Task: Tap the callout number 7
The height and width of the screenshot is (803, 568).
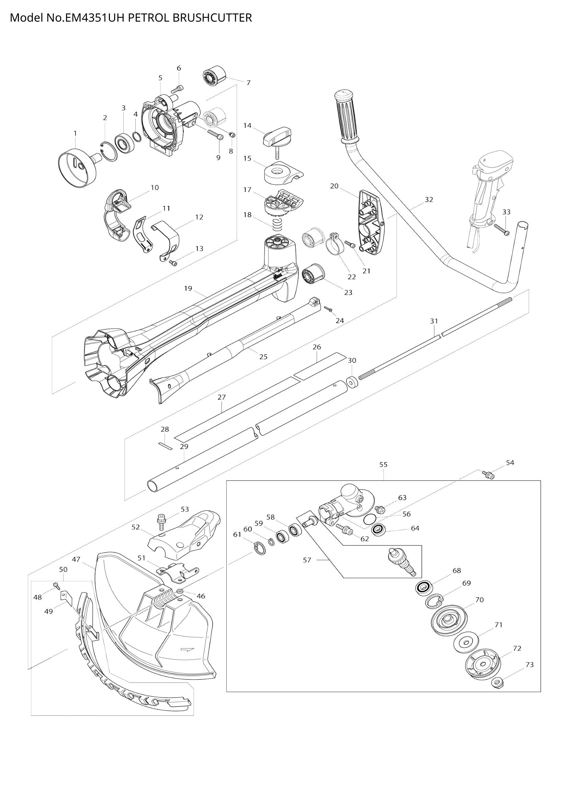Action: pos(248,83)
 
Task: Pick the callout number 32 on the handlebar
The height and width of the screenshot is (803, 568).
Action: pos(429,200)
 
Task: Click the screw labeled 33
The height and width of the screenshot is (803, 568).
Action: pos(501,229)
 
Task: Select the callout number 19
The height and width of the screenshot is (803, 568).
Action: pos(188,288)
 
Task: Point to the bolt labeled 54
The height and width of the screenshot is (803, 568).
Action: pos(488,474)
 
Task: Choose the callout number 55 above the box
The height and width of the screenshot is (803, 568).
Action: pos(383,464)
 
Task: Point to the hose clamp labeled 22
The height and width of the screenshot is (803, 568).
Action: pos(336,246)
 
